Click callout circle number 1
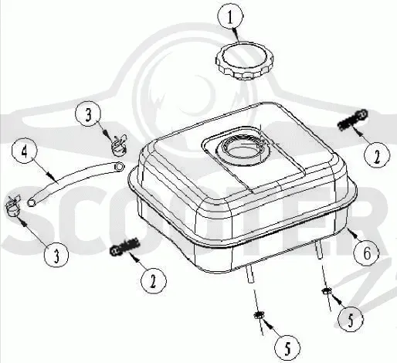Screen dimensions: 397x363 coord(230,17)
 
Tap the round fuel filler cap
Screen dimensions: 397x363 coord(244,61)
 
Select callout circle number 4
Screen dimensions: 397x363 coord(25,152)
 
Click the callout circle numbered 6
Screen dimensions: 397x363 coord(367,253)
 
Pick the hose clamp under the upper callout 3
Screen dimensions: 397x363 coord(119,145)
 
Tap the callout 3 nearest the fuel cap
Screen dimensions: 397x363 coord(88,114)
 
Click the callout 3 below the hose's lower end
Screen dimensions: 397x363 coord(56,256)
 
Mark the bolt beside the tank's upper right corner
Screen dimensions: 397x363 coord(352,120)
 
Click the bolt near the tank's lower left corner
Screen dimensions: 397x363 coord(125,247)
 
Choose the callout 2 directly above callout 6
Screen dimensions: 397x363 coord(377,156)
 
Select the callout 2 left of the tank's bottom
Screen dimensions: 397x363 coord(154,281)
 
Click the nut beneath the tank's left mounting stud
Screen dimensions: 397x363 coord(258,315)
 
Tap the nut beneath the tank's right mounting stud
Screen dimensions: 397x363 coord(326,291)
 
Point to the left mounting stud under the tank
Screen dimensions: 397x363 coord(249,274)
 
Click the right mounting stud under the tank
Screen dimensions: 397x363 coord(318,249)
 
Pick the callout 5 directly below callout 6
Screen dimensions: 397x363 coord(351,319)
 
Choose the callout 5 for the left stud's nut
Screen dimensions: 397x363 coord(287,348)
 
